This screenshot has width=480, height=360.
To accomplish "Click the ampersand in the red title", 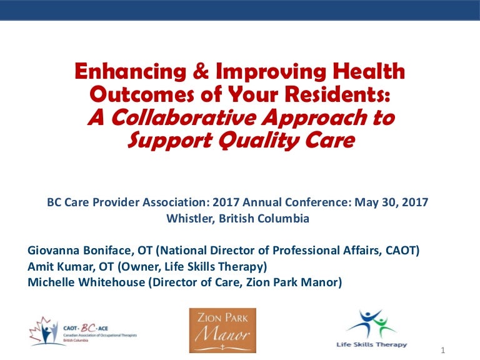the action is click(x=201, y=71).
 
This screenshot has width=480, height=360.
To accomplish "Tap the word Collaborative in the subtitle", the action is click(x=183, y=117).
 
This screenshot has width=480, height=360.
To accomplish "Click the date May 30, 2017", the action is click(x=391, y=202).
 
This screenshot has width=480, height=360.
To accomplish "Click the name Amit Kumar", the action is click(x=60, y=267).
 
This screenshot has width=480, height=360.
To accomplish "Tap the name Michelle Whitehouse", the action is click(x=86, y=282).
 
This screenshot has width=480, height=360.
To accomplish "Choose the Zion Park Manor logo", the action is click(x=222, y=330).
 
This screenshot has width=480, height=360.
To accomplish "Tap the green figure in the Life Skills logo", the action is click(x=382, y=325).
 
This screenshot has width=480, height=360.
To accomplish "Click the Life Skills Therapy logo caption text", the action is click(x=372, y=345).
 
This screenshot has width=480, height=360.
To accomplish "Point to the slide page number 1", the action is click(x=442, y=351).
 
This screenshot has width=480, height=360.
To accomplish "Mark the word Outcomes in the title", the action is click(x=142, y=94).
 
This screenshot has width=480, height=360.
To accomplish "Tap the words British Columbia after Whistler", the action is click(x=264, y=219).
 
